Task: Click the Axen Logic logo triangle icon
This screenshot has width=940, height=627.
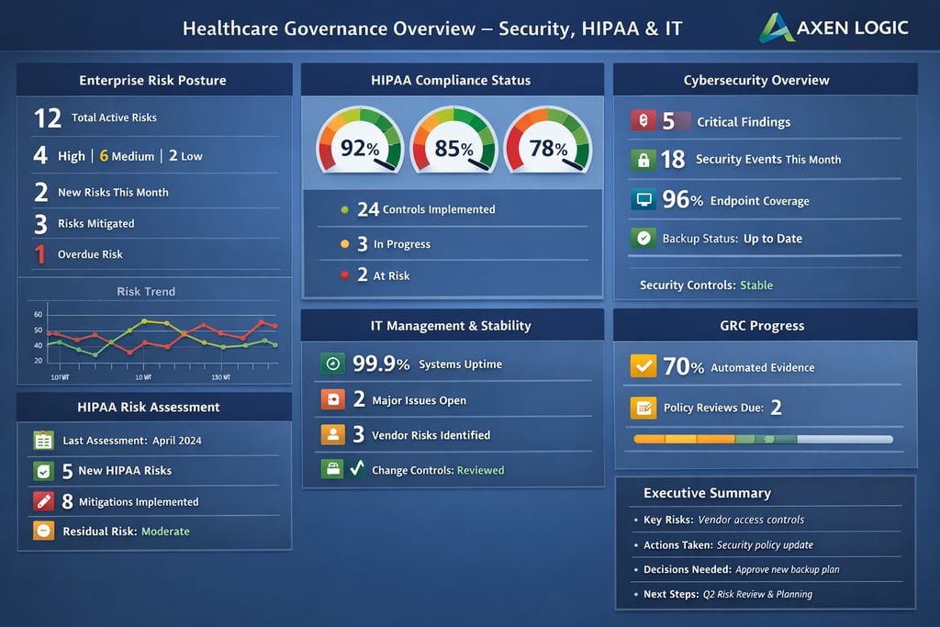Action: [x=776, y=28]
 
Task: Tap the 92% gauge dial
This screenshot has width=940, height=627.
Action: [x=359, y=142]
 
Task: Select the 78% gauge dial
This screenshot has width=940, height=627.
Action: [x=548, y=142]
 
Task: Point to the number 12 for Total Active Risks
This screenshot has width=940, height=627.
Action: [x=47, y=118]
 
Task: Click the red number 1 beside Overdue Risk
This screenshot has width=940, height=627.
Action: [x=39, y=254]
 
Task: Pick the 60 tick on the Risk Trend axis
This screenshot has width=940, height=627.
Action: [x=38, y=314]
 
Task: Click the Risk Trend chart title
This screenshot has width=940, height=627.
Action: [x=146, y=291]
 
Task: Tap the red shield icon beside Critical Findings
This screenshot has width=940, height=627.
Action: [x=643, y=120]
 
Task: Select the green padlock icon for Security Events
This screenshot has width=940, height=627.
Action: [x=643, y=160]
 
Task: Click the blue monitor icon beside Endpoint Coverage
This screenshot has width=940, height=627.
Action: [x=643, y=199]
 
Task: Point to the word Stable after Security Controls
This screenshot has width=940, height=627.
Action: [x=756, y=285]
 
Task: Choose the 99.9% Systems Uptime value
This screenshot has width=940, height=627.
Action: [x=381, y=364]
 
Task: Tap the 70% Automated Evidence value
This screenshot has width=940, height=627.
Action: [x=683, y=366]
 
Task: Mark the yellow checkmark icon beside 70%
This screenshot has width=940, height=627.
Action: [x=643, y=366]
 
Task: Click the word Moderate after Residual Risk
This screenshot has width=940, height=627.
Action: [x=165, y=532]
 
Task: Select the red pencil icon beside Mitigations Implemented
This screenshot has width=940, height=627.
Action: [x=43, y=501]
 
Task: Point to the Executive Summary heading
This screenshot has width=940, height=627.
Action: [x=707, y=493]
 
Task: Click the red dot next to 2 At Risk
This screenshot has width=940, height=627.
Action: [x=345, y=275]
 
